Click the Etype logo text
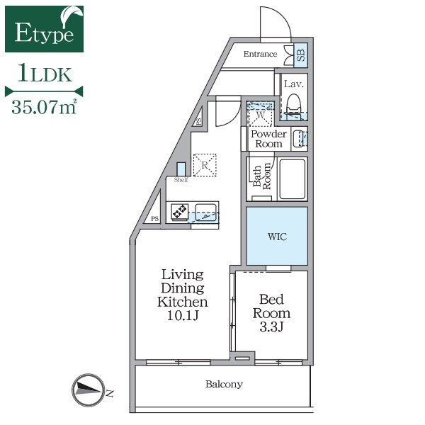click(44, 33)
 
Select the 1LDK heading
click(45, 73)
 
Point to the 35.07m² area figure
click(44, 107)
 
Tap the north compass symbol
click(89, 390)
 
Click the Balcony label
click(224, 385)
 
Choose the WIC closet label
click(277, 237)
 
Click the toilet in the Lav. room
click(294, 103)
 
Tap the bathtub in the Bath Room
click(293, 179)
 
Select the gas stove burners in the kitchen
click(180, 211)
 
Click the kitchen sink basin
click(205, 212)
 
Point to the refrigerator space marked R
click(205, 165)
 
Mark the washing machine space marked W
click(260, 114)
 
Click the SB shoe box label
click(301, 55)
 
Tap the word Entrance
click(260, 54)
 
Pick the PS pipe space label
click(154, 218)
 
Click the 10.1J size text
click(183, 315)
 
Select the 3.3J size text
click(271, 327)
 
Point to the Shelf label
click(181, 180)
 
